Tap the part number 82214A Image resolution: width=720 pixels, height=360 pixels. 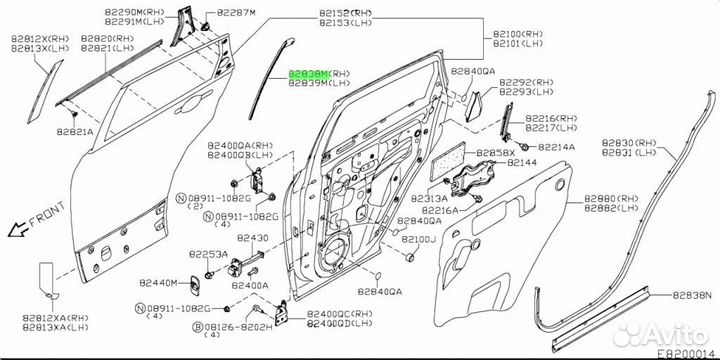tap(558, 147)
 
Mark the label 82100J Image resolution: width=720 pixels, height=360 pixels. tap(419, 240)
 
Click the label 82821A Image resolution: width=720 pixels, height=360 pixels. tap(74, 131)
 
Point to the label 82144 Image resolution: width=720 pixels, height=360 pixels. tap(521, 162)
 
